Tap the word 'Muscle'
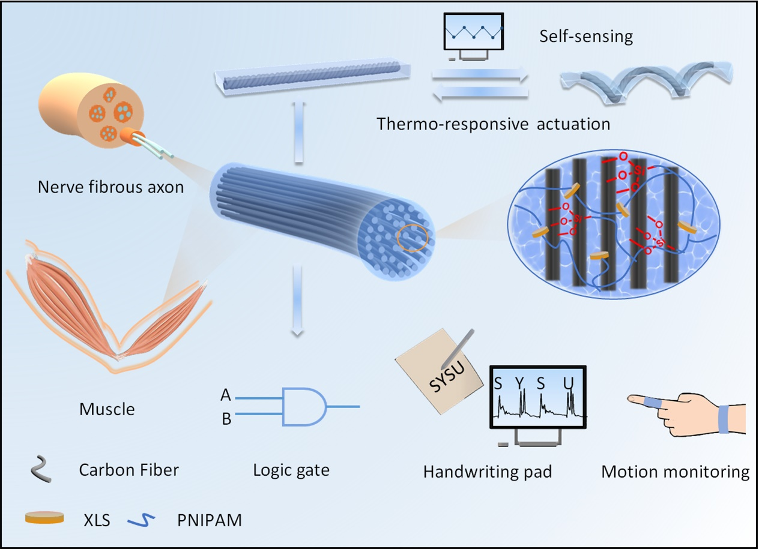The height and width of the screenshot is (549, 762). (107, 410)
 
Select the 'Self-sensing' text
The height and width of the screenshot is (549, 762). (585, 37)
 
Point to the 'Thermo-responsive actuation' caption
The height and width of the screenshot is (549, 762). (493, 124)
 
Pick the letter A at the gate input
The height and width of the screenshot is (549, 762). (226, 395)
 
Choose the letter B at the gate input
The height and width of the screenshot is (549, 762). (226, 419)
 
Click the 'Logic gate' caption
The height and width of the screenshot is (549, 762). (291, 470)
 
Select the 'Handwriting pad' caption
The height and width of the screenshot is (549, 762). (487, 472)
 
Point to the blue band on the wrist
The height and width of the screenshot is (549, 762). (724, 418)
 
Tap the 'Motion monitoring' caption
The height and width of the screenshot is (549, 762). (675, 472)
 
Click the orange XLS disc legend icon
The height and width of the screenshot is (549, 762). (44, 517)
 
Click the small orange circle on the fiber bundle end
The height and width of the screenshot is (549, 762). (413, 237)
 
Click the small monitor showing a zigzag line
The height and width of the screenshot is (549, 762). (472, 35)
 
